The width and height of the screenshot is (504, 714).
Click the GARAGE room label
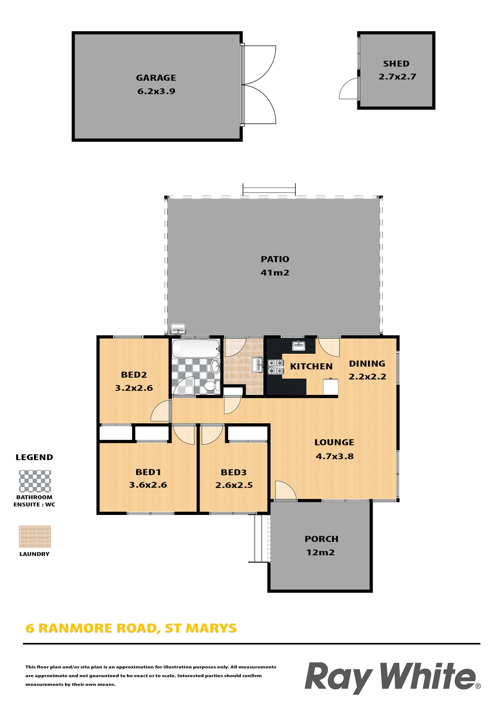[156, 78]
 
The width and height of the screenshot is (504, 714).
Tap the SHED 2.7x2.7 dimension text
[397, 77]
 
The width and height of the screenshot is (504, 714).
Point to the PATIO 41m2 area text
[275, 273]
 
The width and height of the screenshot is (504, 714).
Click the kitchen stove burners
[276, 367]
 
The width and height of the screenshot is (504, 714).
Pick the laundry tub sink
[258, 364]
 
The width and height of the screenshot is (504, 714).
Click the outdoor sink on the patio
[178, 329]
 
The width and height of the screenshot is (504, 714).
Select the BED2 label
[134, 375]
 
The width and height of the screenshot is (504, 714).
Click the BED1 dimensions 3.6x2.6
[148, 485]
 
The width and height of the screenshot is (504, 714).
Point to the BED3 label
[234, 472]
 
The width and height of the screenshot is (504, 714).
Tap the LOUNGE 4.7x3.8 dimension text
[335, 456]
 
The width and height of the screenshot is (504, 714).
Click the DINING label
[367, 363]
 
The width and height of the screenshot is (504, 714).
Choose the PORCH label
[322, 539]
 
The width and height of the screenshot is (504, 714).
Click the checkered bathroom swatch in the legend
[35, 481]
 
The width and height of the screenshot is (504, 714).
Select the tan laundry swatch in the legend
[35, 536]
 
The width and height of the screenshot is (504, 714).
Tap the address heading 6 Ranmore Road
[131, 628]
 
